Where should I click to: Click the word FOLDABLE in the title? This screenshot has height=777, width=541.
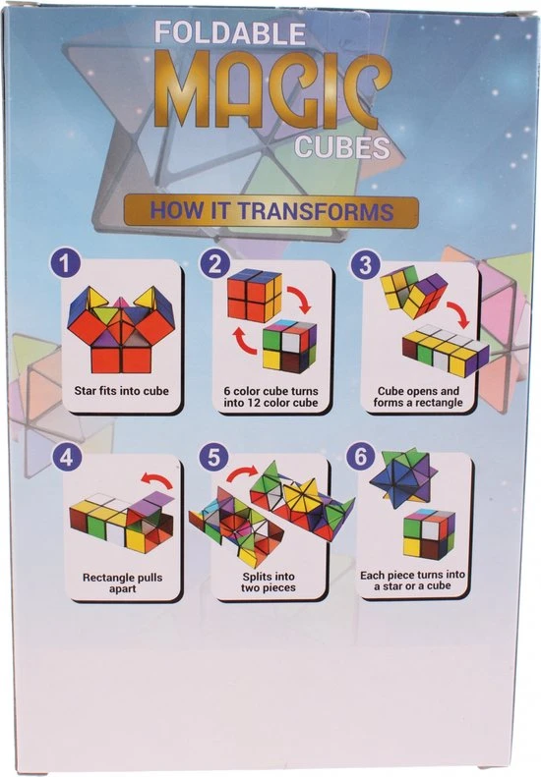pyautogui.click(x=229, y=32)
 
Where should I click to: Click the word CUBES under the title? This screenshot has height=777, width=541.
pyautogui.click(x=342, y=147)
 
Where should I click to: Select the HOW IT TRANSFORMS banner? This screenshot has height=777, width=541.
pyautogui.click(x=271, y=211)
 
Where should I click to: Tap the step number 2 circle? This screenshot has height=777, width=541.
pyautogui.click(x=214, y=264)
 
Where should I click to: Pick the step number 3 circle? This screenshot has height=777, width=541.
pyautogui.click(x=365, y=264)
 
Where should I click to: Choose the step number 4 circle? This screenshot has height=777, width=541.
pyautogui.click(x=67, y=458)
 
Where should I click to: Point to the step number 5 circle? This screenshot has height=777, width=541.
pyautogui.click(x=213, y=458)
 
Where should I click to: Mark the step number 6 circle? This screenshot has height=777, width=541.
pyautogui.click(x=361, y=457)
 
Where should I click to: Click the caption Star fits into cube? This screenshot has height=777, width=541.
pyautogui.click(x=122, y=391)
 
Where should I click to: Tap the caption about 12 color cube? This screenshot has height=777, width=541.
pyautogui.click(x=270, y=397)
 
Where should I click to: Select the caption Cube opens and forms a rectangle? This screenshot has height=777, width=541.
pyautogui.click(x=418, y=397)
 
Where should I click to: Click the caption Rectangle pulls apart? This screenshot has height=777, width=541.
pyautogui.click(x=123, y=583)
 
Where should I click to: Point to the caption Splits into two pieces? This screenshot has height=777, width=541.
pyautogui.click(x=269, y=583)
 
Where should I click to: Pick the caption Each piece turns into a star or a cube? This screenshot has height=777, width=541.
pyautogui.click(x=412, y=581)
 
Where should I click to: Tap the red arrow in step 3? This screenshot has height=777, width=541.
pyautogui.click(x=458, y=315)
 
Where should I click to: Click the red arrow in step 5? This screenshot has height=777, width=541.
pyautogui.click(x=242, y=472)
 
